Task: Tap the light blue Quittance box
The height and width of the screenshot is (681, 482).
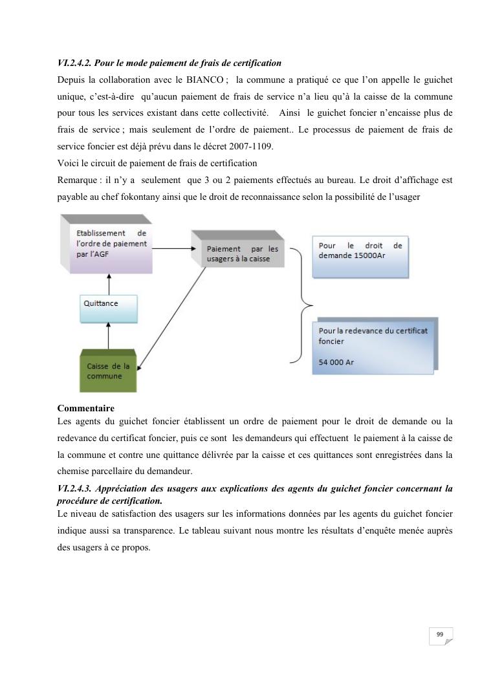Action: tap(108, 308)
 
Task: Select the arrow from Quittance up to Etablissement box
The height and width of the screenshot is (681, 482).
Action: tap(109, 283)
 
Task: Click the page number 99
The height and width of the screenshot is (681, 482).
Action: tap(440, 635)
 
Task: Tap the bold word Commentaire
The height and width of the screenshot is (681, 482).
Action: tap(85, 408)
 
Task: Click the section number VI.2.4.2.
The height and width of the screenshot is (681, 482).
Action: tap(78, 63)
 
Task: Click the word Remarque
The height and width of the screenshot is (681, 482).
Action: tap(76, 180)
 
